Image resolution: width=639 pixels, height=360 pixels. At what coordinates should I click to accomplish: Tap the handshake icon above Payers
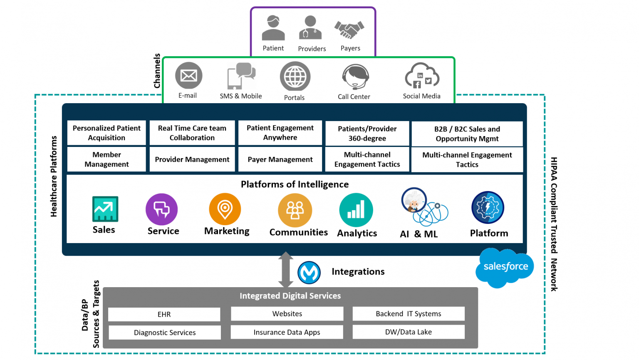(349, 30)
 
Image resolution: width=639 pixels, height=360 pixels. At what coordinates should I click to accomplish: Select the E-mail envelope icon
(188, 76)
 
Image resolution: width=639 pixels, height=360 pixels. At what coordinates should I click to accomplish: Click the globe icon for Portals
(295, 77)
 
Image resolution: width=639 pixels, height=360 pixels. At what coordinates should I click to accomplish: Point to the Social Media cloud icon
(422, 76)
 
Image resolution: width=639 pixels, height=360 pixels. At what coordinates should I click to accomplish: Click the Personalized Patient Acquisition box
(106, 133)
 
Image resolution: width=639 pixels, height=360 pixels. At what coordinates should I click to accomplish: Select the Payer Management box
(280, 159)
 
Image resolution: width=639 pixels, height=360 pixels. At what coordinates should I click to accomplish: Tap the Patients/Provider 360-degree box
(367, 134)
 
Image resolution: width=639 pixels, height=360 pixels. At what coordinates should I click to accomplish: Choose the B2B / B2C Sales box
(467, 134)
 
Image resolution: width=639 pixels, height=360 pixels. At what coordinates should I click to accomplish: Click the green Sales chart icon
(105, 209)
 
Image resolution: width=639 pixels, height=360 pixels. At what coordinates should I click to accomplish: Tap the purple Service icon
(162, 209)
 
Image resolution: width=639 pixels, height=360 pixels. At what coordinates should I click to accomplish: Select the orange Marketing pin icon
(225, 209)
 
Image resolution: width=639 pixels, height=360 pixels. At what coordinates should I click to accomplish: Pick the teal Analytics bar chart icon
(356, 210)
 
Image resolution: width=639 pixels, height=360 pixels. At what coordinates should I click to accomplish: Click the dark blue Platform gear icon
(488, 207)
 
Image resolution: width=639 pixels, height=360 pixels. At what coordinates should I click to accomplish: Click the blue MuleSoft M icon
(309, 273)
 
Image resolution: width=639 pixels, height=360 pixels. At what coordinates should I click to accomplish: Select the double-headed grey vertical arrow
(286, 270)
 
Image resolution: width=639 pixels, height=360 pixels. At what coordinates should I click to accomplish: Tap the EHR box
(164, 314)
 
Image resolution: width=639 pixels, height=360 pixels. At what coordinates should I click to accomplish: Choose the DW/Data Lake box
(409, 332)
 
